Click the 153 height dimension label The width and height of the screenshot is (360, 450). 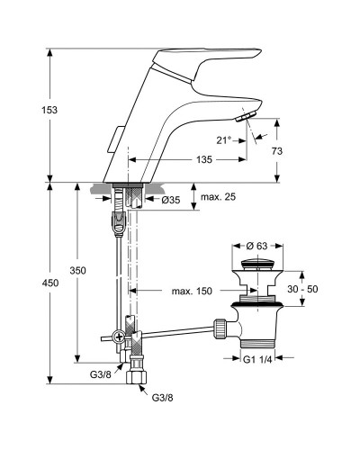coord(49,110)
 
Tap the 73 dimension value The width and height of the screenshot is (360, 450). coord(277,151)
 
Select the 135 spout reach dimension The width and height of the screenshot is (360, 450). coord(204,159)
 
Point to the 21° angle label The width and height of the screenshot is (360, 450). coord(224,140)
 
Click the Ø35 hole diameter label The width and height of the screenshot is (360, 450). coord(171,200)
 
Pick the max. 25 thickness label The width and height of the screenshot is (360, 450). coord(218,197)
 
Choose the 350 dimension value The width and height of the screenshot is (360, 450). coord(77,271)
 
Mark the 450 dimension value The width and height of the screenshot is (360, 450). coord(50,283)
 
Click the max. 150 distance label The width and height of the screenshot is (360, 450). coord(192,291)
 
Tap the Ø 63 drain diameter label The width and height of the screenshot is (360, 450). coord(256,246)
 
